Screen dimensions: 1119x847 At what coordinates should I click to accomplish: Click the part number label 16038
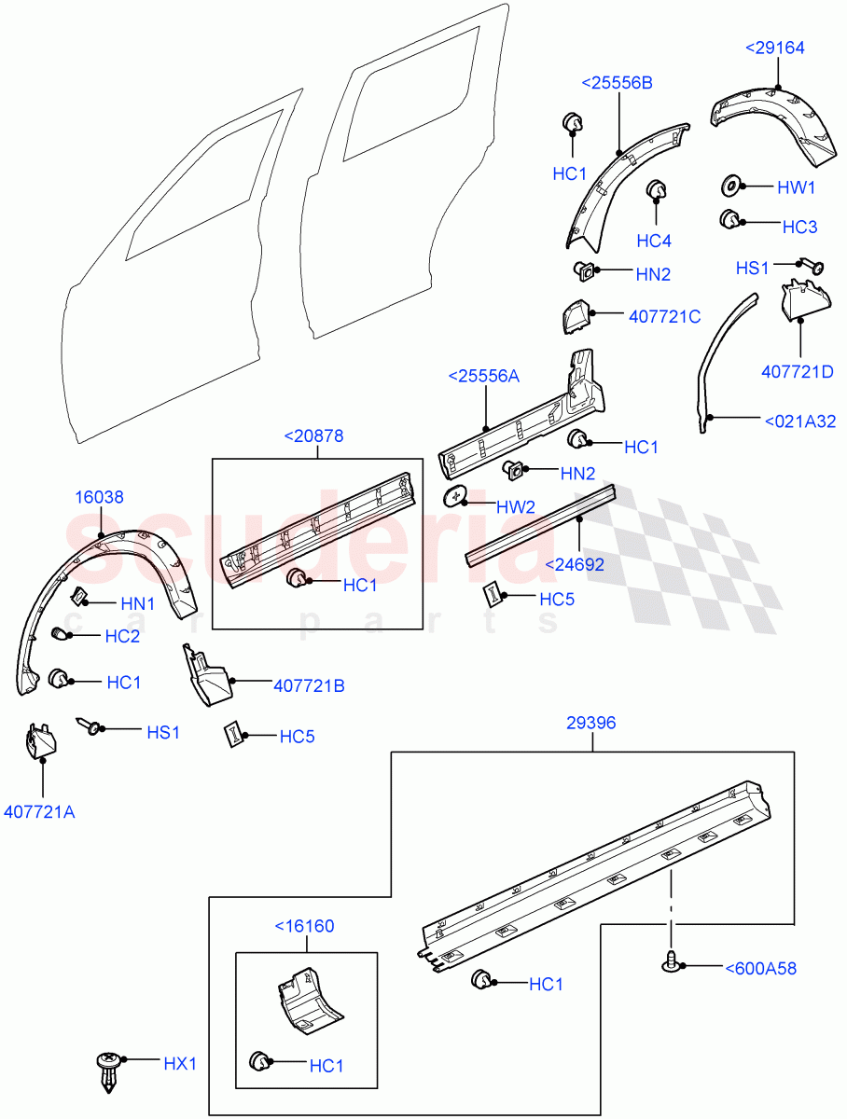(99, 498)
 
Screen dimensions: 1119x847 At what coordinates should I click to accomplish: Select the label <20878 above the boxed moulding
(316, 435)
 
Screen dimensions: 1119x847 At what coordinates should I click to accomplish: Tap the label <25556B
(617, 83)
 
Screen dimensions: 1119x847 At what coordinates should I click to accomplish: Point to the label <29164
(774, 48)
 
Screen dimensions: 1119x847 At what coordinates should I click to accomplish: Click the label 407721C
(664, 316)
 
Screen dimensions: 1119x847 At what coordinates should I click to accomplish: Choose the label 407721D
(798, 371)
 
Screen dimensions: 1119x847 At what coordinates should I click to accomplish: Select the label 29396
(590, 723)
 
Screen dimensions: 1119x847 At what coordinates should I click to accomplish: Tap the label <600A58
(760, 969)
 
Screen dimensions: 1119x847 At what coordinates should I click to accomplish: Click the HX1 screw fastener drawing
(109, 1072)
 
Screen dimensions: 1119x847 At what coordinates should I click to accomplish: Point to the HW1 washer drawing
(732, 186)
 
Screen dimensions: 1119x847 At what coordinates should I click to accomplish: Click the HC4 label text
(654, 241)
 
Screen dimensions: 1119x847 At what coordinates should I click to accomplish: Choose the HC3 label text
(799, 227)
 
